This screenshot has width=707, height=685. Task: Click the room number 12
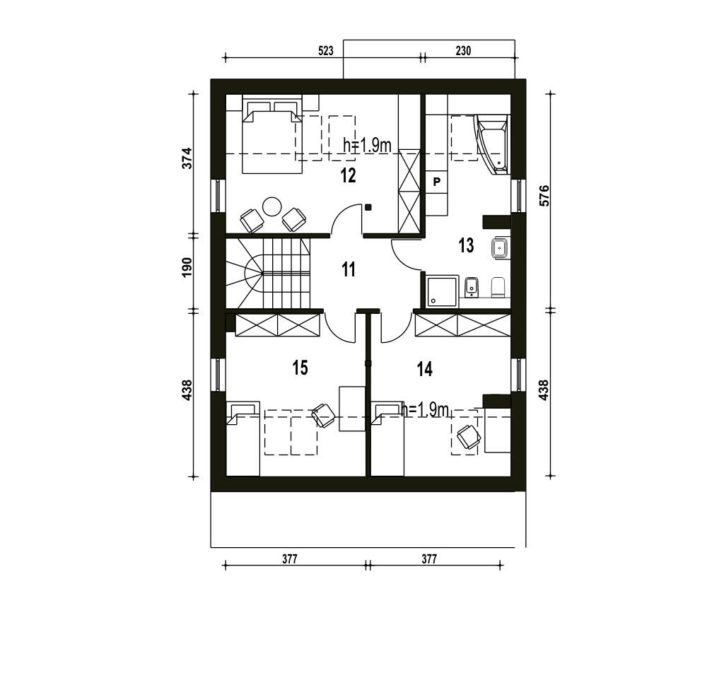(348, 175)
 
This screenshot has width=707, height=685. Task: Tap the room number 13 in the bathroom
(466, 246)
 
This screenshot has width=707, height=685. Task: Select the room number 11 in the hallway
(348, 269)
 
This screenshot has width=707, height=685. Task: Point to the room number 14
(425, 369)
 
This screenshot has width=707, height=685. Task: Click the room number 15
(300, 368)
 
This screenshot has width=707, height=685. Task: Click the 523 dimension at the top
(325, 51)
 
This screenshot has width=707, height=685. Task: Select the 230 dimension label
(463, 51)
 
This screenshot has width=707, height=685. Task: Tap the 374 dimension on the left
(187, 158)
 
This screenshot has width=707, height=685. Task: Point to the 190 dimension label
(187, 267)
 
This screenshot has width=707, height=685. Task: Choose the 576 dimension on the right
(544, 196)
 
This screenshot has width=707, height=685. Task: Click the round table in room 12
(272, 207)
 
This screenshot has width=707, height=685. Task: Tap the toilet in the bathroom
(498, 287)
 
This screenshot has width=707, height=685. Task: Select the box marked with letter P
(436, 182)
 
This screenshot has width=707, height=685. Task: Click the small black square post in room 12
(368, 207)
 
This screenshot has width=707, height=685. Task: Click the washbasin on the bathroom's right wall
(501, 248)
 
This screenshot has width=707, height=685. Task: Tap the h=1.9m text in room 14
(426, 410)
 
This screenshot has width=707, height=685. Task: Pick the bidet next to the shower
(471, 287)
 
